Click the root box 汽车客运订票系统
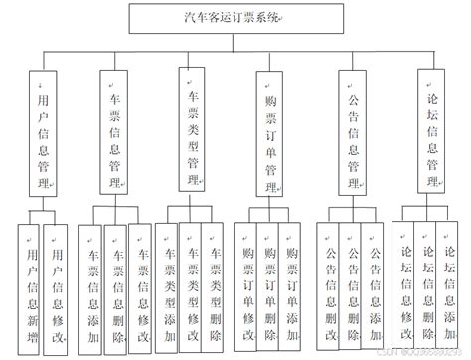tap(235, 17)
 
